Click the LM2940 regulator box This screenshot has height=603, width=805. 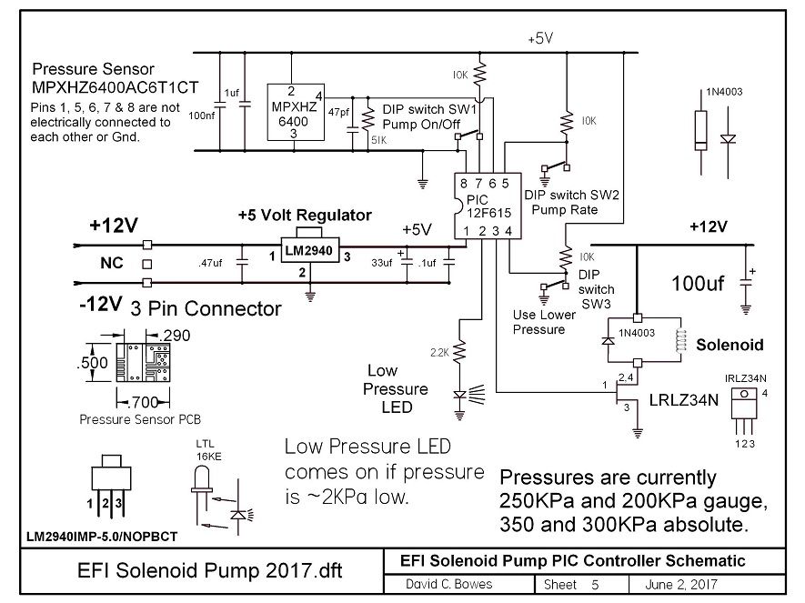pos(309,250)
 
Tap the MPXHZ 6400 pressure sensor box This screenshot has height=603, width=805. pos(296,113)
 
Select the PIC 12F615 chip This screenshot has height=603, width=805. pos(488,206)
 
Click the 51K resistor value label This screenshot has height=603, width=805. pos(379,140)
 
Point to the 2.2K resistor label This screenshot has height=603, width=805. pos(439,353)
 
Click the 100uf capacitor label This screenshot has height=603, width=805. pos(698,283)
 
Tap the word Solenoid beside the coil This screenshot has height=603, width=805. pos(730,345)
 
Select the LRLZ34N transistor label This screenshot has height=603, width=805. pos(684,400)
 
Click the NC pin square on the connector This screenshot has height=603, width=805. pos(146,265)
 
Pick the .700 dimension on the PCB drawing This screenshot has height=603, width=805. pos(142,402)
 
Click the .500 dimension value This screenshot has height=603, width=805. pos(93,363)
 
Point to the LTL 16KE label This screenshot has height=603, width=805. pos(206,450)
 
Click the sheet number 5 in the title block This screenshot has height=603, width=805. pos(595,585)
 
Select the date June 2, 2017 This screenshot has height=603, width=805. pos(681,585)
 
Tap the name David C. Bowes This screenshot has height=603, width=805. pos(448,584)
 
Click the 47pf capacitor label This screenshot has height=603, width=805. pos(338,112)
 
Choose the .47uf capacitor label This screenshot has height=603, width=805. pos(210,263)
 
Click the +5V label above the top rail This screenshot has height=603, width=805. pos(540,38)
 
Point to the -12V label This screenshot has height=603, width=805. pos(101,304)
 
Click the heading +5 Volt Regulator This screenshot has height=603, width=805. pos(305,215)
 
